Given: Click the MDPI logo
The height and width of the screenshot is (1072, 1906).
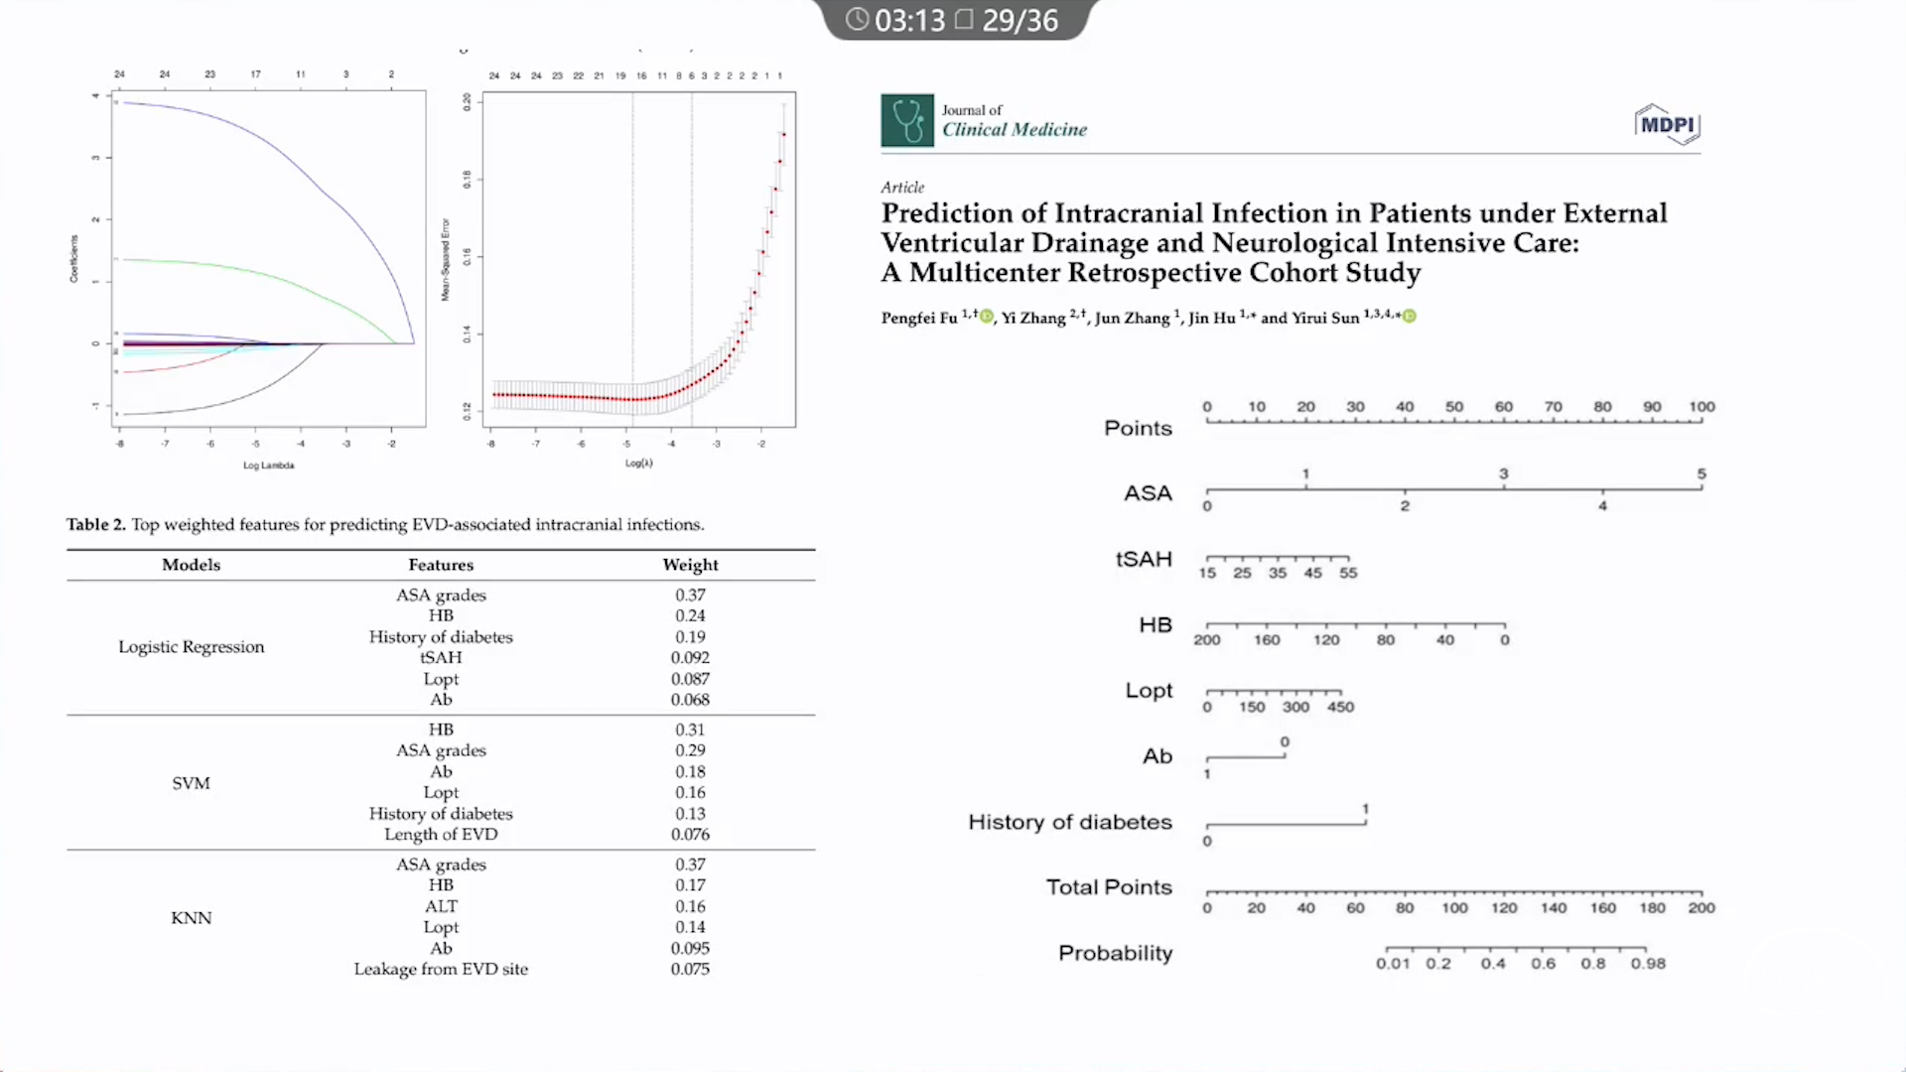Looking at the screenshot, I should click(x=1667, y=125).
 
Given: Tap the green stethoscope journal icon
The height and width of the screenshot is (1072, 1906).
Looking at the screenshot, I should click(x=906, y=120).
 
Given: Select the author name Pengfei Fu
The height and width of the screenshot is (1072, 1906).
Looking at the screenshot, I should click(x=918, y=318).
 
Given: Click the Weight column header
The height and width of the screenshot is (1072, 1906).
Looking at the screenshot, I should click(x=690, y=565).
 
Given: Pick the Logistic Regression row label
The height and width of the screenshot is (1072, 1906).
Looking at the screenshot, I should click(x=192, y=647).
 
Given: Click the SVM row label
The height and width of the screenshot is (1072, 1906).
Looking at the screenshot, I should click(x=191, y=783).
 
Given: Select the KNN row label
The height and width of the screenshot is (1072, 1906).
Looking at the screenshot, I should click(x=191, y=918).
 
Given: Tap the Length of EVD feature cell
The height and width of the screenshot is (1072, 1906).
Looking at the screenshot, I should click(x=441, y=835).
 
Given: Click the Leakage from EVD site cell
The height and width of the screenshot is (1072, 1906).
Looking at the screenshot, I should click(x=441, y=970).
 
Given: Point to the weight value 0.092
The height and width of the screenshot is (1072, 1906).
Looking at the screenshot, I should click(x=690, y=658).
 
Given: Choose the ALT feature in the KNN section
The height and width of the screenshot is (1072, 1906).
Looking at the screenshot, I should click(x=441, y=906).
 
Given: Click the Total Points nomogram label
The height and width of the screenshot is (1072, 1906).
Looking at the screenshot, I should click(x=1109, y=887).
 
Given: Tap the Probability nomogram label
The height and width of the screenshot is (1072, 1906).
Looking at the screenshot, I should click(x=1115, y=953).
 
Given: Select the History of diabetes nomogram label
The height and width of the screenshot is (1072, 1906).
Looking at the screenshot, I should click(x=1070, y=822).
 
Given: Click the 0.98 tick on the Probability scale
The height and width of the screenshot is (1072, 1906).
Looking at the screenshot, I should click(x=1648, y=963).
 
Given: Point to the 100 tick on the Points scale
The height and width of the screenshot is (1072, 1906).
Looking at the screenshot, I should click(x=1702, y=407).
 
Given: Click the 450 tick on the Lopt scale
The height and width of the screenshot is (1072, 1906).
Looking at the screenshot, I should click(x=1340, y=707).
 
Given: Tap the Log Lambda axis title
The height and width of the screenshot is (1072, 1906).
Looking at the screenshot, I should click(x=269, y=466).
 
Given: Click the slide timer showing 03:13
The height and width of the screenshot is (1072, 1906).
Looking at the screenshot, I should click(x=897, y=20).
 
